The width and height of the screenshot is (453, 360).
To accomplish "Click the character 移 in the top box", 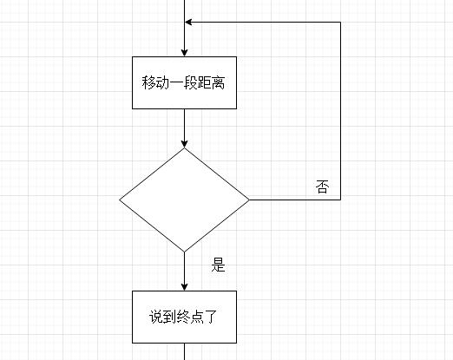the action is coord(148,82).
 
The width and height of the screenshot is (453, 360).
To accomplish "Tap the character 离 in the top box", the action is coord(218,82).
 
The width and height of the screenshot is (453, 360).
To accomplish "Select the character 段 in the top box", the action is coord(190,82).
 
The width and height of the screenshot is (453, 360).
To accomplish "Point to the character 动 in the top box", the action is coord(162,82).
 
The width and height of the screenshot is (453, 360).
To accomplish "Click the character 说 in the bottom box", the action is coord(156,317).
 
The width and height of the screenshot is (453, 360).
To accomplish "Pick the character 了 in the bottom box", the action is coord(210,317).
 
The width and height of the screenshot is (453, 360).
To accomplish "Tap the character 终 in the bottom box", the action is coord(183,317).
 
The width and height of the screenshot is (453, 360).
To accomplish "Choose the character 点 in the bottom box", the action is coord(197,317).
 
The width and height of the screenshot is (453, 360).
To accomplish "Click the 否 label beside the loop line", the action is coord(322,187).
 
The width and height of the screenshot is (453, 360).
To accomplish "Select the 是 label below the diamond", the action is coord(218,265).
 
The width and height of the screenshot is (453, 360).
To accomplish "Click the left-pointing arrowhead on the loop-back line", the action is coord(188,22).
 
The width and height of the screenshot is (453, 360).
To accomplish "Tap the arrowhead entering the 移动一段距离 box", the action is coord(185,53).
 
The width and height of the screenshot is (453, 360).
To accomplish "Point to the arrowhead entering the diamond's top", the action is coord(185,144).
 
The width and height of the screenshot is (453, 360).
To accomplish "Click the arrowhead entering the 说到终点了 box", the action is coord(185,287).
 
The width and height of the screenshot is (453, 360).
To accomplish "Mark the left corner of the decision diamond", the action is coord(120,200).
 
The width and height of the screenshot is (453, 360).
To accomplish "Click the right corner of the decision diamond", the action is coord(249,200).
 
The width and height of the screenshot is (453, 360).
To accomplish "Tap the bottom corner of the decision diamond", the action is coord(185,252).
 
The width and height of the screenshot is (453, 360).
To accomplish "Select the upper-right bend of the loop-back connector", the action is coord(340,22).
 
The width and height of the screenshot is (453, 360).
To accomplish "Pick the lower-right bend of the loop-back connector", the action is coord(340,200).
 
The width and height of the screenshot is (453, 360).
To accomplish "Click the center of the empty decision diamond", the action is coord(185,200).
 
